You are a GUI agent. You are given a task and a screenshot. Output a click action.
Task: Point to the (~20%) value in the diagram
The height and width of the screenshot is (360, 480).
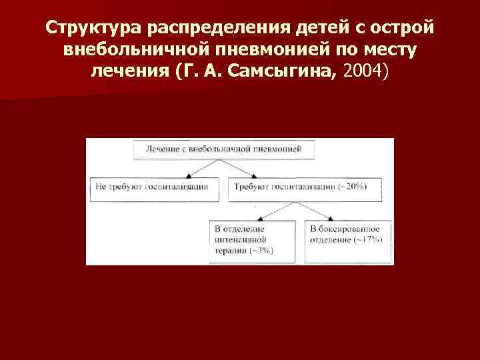(x=351, y=187)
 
